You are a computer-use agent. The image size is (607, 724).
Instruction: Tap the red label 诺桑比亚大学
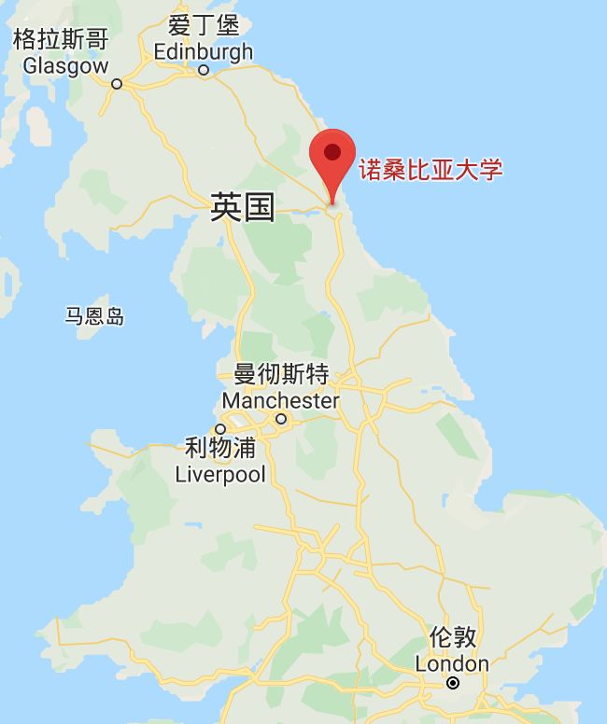(x=431, y=170)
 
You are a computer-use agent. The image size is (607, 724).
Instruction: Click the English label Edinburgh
(x=204, y=51)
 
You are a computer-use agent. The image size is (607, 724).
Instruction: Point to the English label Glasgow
(x=66, y=65)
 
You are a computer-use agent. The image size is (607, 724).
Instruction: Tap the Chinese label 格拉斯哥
(x=60, y=39)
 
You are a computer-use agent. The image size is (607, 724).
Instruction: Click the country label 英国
(x=243, y=207)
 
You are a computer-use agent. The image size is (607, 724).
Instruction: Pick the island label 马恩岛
(x=94, y=316)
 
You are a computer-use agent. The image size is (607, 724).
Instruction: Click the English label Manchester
(x=281, y=400)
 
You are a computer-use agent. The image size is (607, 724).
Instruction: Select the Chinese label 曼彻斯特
(x=281, y=375)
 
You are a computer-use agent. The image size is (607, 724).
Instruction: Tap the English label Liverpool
(x=220, y=474)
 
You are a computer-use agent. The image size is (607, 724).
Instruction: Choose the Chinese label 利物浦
(x=220, y=449)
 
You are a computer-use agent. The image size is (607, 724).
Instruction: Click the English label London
(x=452, y=663)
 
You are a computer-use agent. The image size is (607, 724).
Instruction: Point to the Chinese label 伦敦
(x=453, y=638)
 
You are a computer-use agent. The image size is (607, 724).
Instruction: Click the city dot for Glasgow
(x=117, y=83)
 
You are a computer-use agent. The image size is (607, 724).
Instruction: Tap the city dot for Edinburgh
(x=204, y=69)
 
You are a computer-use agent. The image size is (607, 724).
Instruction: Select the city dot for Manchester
(x=280, y=419)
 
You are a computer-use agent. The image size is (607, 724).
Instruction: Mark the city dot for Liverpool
(x=220, y=428)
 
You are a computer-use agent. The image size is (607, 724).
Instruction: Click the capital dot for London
(x=453, y=683)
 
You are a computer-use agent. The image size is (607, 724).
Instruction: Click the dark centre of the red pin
(x=332, y=151)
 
